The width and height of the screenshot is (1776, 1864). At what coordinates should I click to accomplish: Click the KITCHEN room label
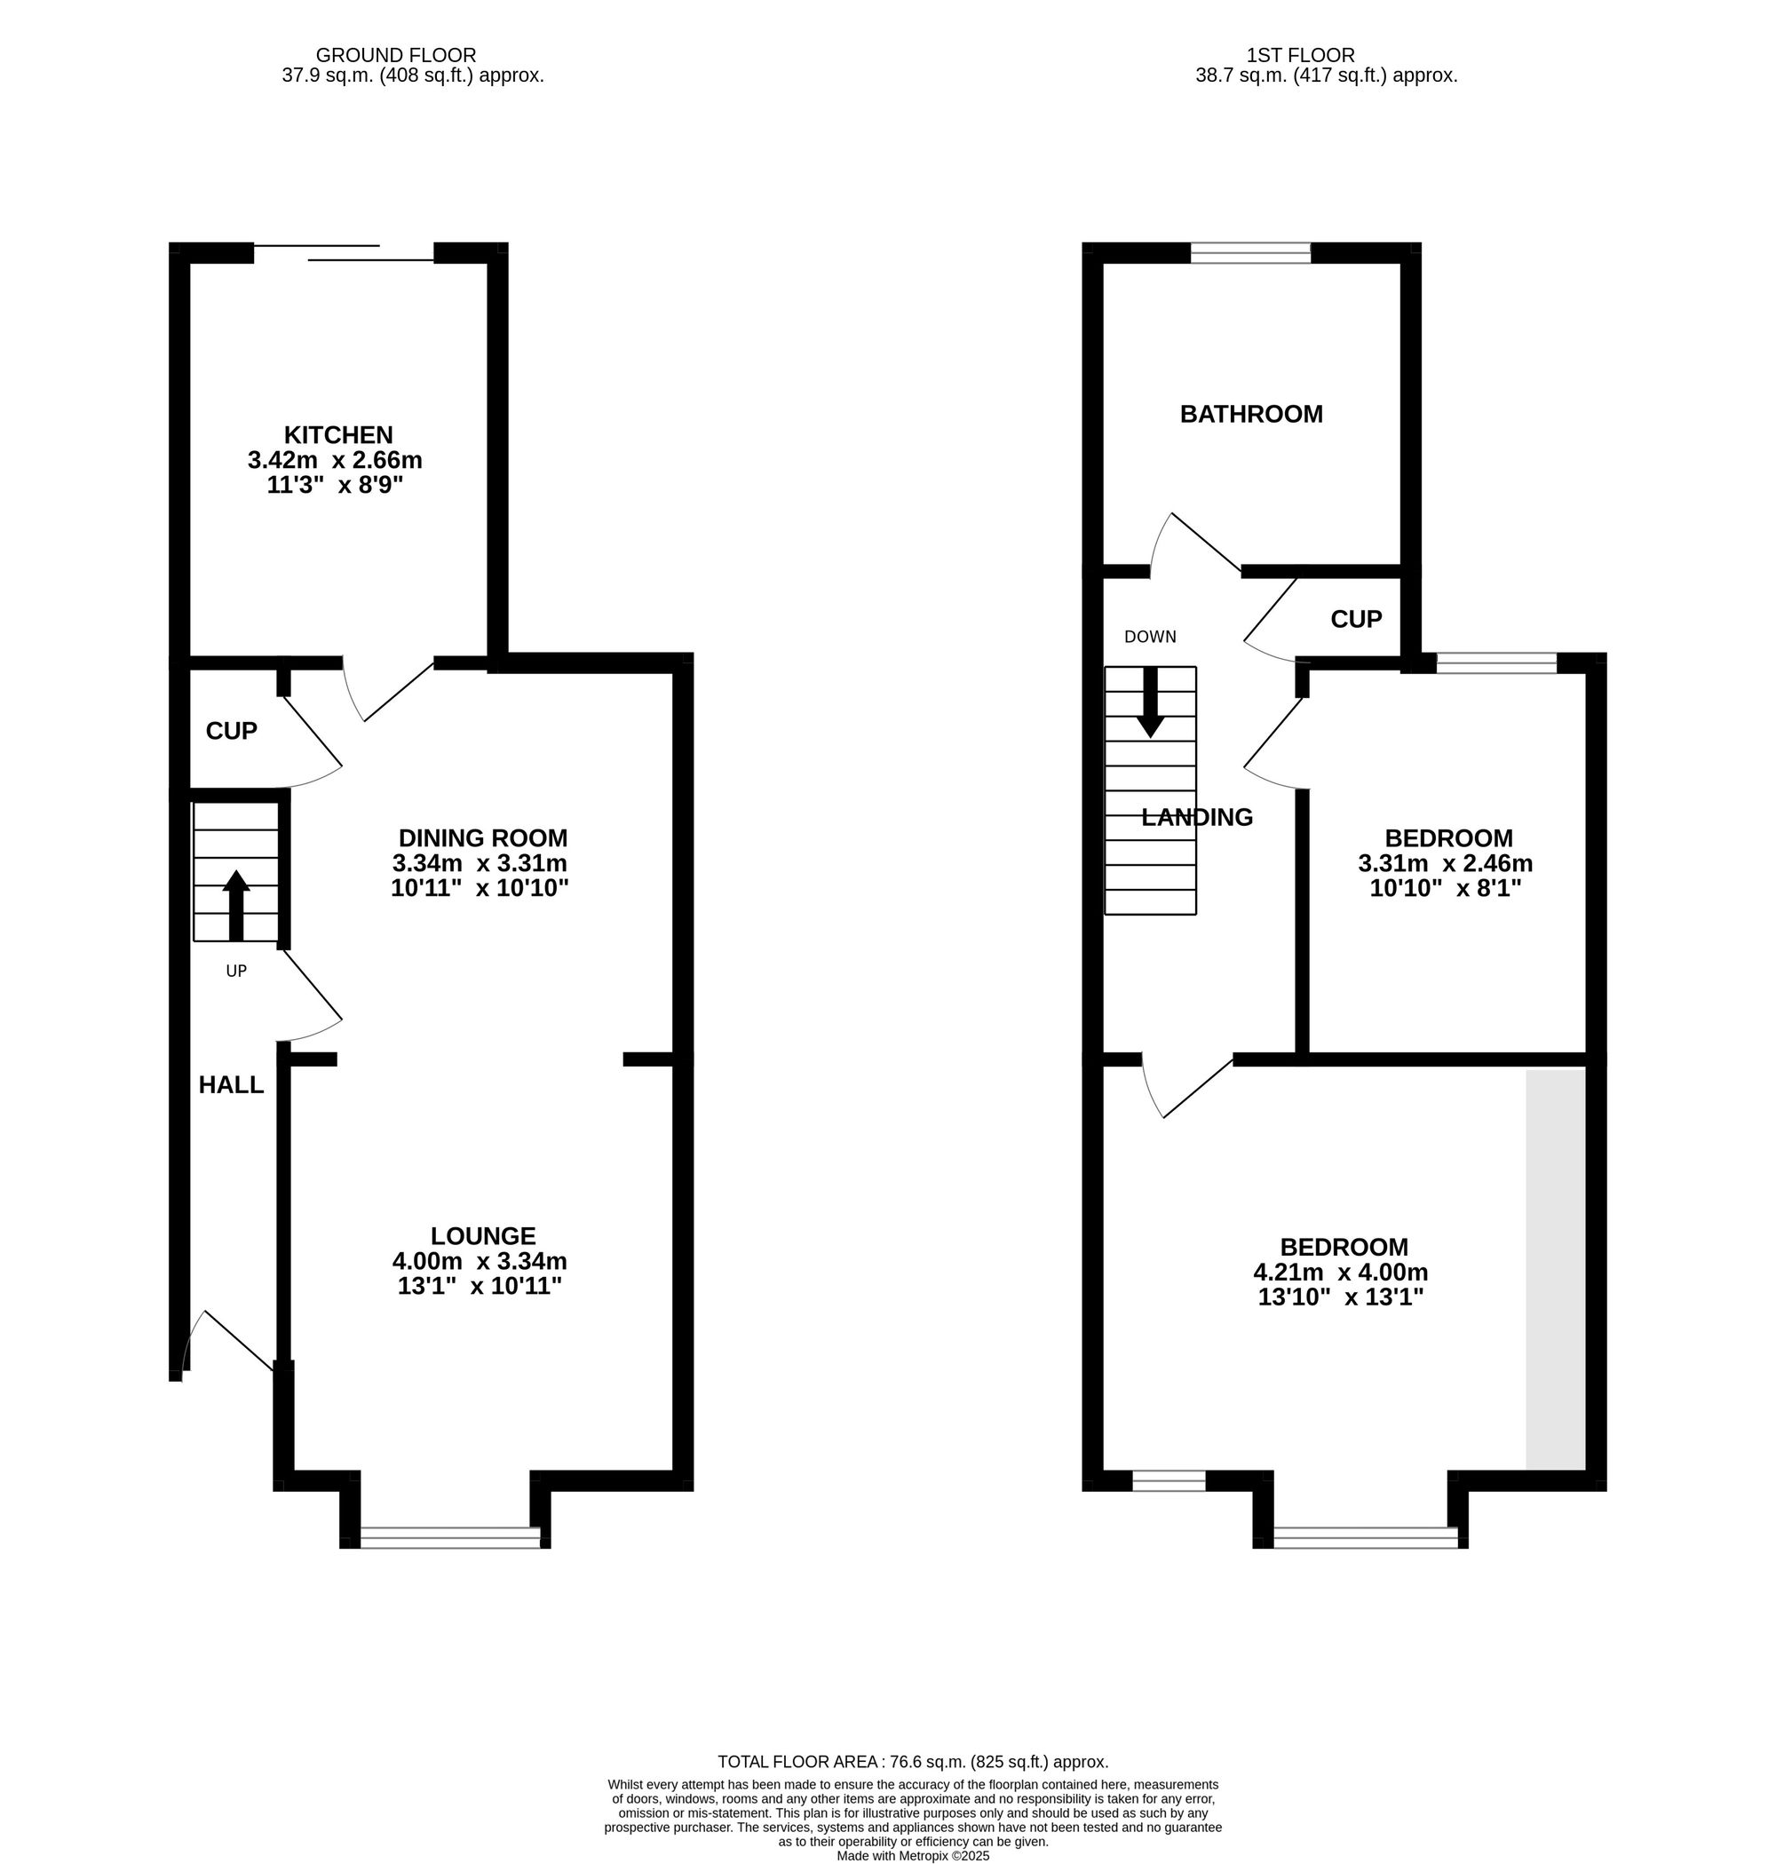pyautogui.click(x=338, y=435)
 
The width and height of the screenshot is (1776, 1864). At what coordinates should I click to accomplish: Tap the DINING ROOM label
pyautogui.click(x=483, y=837)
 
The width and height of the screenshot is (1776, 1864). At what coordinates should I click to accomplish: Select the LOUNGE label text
pyautogui.click(x=483, y=1235)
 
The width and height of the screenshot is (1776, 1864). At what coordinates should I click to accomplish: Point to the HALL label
pyautogui.click(x=231, y=1085)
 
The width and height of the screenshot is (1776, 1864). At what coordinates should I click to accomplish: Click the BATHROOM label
pyautogui.click(x=1250, y=414)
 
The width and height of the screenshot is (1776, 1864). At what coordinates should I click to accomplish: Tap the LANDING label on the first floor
pyautogui.click(x=1197, y=817)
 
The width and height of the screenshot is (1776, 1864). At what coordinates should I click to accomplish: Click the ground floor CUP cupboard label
pyautogui.click(x=231, y=731)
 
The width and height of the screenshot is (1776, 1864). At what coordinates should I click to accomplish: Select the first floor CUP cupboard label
pyautogui.click(x=1356, y=619)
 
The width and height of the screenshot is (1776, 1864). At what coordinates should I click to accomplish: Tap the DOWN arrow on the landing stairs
pyautogui.click(x=1150, y=702)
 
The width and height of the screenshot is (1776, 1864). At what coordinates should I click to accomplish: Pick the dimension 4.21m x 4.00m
pyautogui.click(x=1340, y=1273)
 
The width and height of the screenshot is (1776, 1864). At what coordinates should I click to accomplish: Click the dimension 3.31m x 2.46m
pyautogui.click(x=1445, y=863)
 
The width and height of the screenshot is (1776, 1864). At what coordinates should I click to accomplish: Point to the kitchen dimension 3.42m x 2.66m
pyautogui.click(x=334, y=461)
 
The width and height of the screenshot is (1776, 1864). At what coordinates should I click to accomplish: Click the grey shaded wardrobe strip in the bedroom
pyautogui.click(x=1555, y=1268)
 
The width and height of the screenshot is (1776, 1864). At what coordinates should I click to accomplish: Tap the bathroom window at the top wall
pyautogui.click(x=1249, y=253)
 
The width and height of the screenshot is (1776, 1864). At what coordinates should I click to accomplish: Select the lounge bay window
pyautogui.click(x=449, y=1537)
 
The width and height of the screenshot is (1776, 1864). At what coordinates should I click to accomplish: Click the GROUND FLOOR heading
pyautogui.click(x=396, y=56)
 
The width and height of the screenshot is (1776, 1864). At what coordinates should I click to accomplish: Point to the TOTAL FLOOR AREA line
pyautogui.click(x=912, y=1762)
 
